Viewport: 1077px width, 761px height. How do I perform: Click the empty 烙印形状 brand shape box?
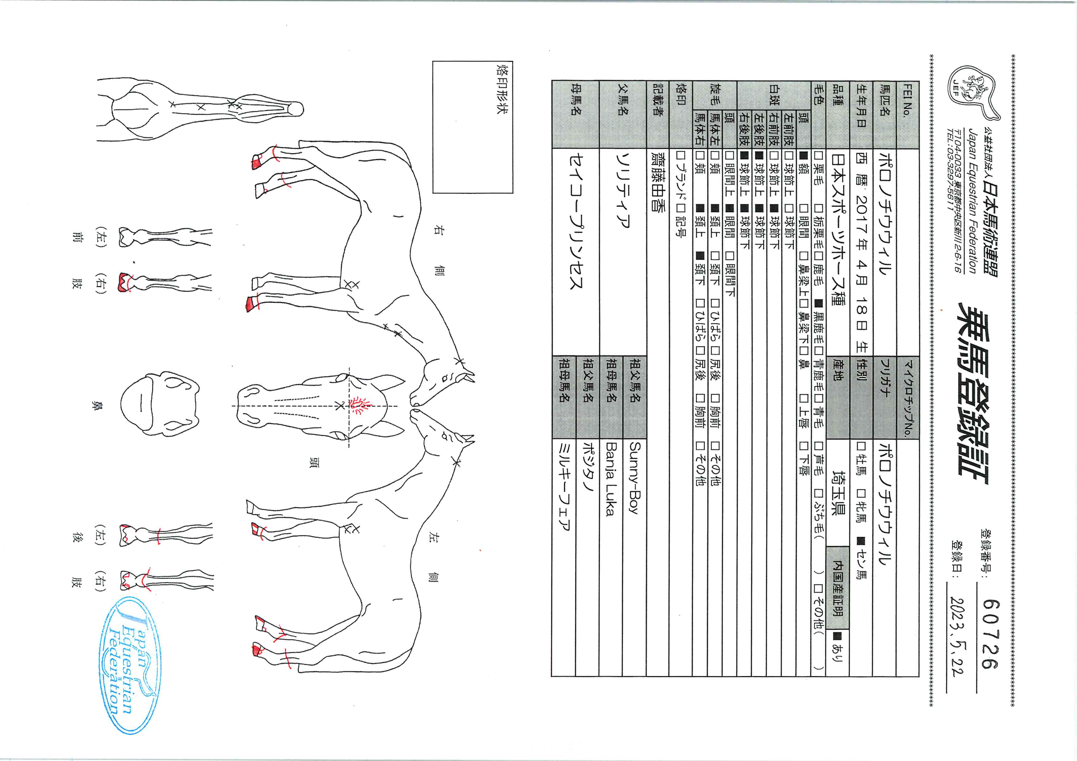tap(472, 127)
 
